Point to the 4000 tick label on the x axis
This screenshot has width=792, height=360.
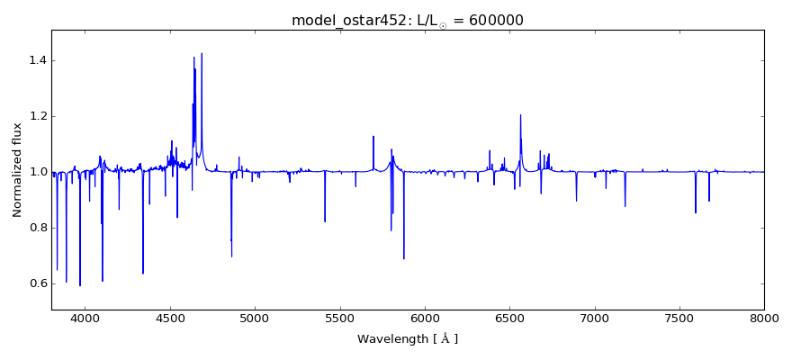pos(85,318)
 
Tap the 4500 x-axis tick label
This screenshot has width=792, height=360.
pos(170,318)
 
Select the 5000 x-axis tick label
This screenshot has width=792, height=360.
pos(255,318)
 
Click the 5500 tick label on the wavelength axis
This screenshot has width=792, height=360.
pos(339,318)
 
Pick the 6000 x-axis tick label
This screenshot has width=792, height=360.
pos(425,318)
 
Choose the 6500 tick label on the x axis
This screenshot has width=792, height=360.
pos(509,318)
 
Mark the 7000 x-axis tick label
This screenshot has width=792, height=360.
pos(594,318)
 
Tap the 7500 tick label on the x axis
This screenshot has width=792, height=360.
pos(679,318)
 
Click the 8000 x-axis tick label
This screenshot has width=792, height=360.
pos(763,318)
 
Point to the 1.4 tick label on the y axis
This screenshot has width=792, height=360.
pos(36,60)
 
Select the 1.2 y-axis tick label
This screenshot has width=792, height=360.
pos(36,116)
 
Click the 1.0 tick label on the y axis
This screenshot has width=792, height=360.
pos(36,172)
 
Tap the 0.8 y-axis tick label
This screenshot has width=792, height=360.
pos(36,228)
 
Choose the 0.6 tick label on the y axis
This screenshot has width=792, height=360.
pos(36,283)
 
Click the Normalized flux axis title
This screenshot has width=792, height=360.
pos(17,171)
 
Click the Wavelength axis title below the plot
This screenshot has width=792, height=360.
pos(408,339)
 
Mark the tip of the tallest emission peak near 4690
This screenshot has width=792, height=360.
pos(202,53)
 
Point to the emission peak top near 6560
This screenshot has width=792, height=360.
pos(520,114)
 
